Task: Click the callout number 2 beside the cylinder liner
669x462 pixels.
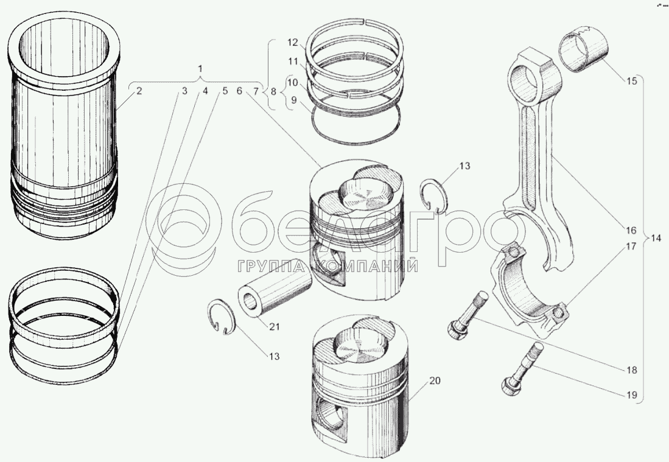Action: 139,91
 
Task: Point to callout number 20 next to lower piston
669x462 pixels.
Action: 434,381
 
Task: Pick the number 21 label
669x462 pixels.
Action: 275,327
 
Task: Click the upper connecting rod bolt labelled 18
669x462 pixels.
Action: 468,313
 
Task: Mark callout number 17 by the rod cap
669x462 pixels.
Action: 630,247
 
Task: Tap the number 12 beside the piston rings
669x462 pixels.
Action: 292,43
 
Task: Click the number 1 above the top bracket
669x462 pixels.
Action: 201,69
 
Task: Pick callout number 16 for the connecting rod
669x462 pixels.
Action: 630,231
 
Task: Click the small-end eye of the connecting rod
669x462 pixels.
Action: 527,77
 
